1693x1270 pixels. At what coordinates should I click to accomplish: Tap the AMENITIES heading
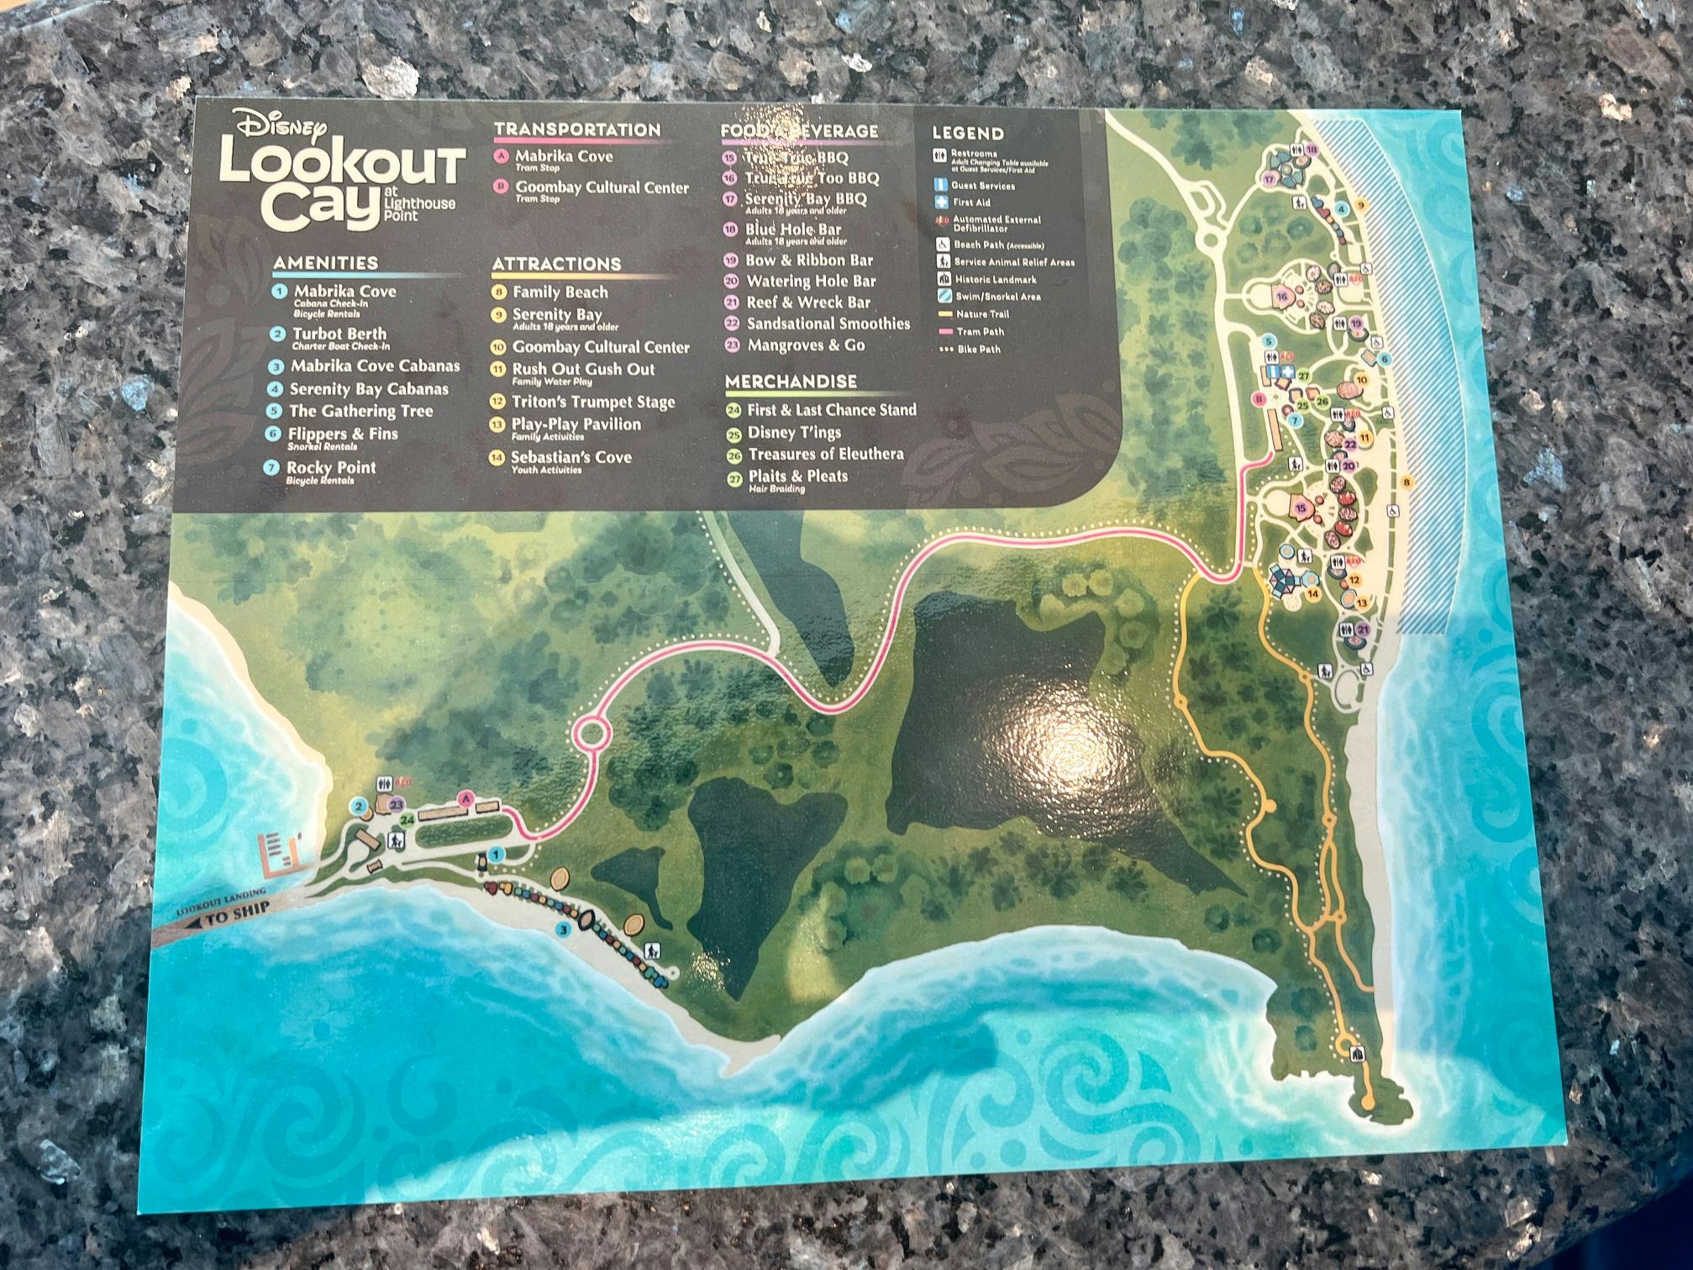click(325, 263)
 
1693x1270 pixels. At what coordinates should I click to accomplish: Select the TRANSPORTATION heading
click(576, 129)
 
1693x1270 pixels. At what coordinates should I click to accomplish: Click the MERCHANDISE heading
click(791, 381)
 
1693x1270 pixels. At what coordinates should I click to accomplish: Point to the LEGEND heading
click(967, 134)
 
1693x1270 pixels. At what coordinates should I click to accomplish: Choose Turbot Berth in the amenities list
click(339, 334)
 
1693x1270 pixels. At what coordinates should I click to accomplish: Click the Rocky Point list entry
click(331, 468)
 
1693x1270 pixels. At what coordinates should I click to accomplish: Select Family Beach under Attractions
click(560, 292)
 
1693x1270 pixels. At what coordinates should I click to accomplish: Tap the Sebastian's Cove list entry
click(570, 457)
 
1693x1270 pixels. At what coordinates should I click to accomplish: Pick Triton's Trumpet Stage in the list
click(593, 402)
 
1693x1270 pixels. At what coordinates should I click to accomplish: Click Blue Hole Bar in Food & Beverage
click(792, 229)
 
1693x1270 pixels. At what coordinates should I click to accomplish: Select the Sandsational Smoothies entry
click(828, 324)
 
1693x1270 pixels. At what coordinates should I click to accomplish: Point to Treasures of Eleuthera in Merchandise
click(825, 454)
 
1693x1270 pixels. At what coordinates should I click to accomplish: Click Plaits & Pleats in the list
click(797, 476)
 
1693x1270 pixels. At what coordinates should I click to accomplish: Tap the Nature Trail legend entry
click(982, 314)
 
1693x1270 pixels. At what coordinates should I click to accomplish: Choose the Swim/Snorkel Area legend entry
click(997, 297)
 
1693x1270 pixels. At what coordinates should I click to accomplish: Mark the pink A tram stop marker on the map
click(465, 798)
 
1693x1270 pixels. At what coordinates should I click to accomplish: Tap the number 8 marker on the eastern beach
click(1406, 482)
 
